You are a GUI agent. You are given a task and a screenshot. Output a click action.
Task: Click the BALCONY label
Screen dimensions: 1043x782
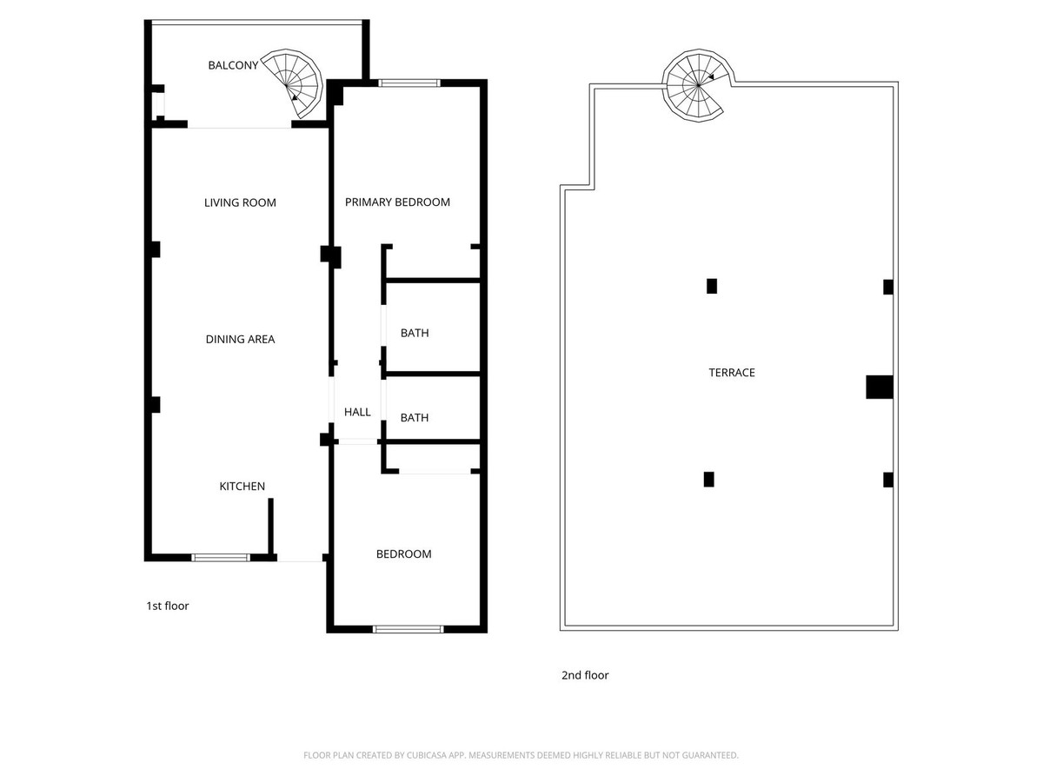pos(233,65)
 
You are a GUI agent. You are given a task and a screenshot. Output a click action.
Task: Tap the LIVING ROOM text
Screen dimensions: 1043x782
pos(240,202)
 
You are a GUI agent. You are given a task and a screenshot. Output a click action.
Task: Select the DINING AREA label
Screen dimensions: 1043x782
pos(240,339)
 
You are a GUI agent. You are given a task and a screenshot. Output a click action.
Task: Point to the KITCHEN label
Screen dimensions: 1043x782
pos(242,487)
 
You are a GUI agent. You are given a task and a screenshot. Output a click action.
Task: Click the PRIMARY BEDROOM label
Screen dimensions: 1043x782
pos(397,202)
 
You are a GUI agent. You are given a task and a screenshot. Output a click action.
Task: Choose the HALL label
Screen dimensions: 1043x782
pos(357,412)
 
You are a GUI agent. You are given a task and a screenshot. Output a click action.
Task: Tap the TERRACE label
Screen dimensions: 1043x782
pos(732,373)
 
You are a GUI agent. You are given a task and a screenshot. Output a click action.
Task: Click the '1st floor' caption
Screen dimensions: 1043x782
pos(167,606)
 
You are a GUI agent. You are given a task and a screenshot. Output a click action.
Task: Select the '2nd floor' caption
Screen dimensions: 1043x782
pos(585,675)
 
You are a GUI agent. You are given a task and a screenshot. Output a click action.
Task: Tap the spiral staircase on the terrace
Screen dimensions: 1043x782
pos(698,85)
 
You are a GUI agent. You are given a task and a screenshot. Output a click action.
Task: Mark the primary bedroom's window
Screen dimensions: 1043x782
pos(409,83)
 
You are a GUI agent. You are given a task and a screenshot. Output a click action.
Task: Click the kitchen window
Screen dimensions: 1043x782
pos(221,558)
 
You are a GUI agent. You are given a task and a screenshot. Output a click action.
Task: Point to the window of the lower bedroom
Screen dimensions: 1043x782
pos(409,630)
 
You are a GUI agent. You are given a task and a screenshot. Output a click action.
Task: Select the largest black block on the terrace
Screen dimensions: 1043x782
pos(880,387)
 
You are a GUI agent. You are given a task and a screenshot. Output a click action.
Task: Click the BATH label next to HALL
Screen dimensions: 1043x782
pos(415,418)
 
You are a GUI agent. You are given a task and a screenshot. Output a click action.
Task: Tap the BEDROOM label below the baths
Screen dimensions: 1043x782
pos(404,554)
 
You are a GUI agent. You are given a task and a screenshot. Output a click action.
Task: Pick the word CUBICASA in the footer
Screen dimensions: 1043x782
pos(427,755)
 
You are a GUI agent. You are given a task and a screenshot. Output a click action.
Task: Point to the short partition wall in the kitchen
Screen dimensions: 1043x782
pos(271,528)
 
